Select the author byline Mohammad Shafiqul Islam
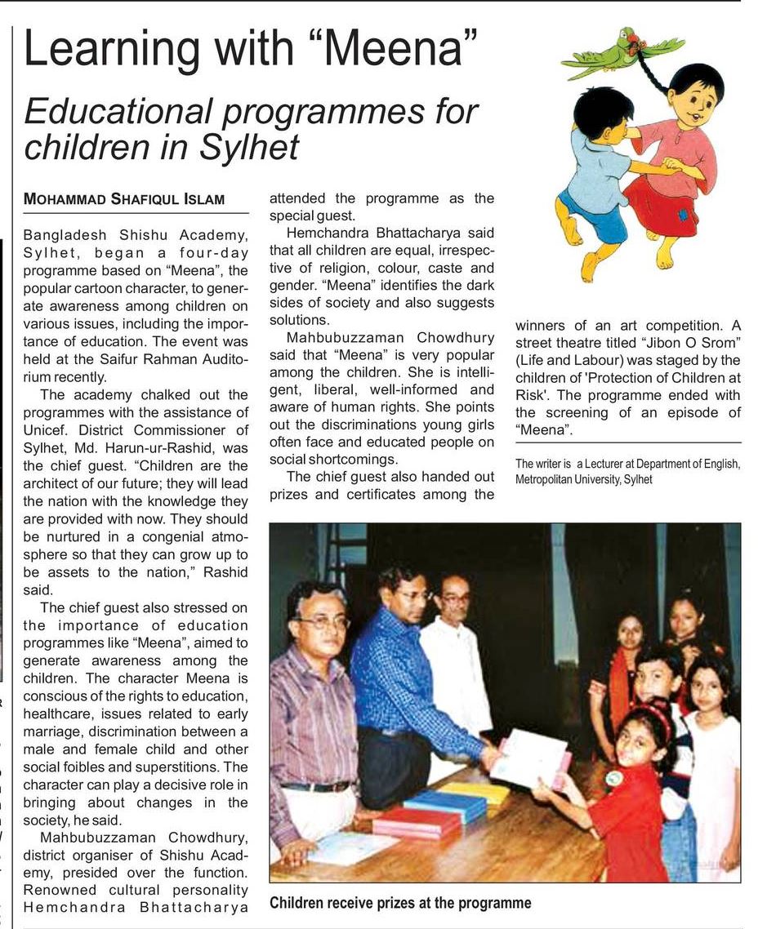(x=124, y=199)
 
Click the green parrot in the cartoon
(x=621, y=54)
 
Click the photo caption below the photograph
(x=400, y=903)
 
